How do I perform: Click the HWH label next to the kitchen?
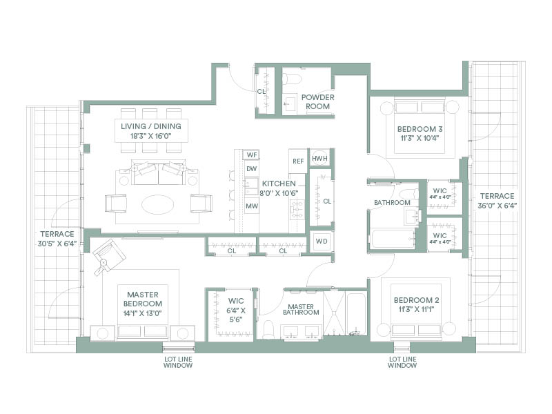(x=319, y=159)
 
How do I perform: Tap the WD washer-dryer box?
(x=322, y=241)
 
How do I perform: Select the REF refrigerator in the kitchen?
(x=298, y=161)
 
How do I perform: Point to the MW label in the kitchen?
(x=252, y=206)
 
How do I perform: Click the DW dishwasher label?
(x=251, y=169)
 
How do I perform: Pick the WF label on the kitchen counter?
(x=252, y=155)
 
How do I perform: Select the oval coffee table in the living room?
(x=158, y=204)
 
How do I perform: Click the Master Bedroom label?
(x=143, y=299)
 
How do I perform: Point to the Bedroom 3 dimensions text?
(x=420, y=138)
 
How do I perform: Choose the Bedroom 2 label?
(x=417, y=300)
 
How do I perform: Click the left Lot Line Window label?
(x=178, y=362)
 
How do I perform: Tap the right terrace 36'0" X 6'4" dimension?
(x=497, y=206)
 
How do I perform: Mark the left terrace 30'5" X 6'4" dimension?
(x=57, y=244)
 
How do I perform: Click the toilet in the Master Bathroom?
(x=268, y=330)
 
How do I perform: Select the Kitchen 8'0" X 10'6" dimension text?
(x=279, y=193)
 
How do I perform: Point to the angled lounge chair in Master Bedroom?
(x=109, y=256)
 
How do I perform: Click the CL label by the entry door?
(x=261, y=92)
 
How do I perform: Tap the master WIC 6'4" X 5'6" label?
(x=236, y=310)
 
